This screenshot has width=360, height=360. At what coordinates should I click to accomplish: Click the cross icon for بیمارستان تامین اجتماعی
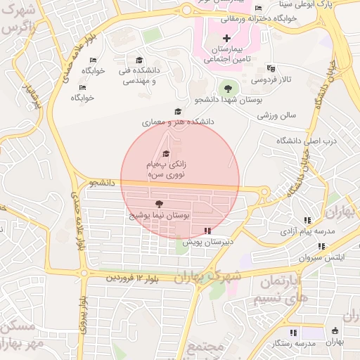point(226,37)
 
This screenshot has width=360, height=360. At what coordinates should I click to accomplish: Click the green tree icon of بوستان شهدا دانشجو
point(226,88)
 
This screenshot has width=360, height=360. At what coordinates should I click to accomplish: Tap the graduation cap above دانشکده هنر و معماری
point(178,111)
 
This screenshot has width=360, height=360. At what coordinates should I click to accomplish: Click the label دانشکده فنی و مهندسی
point(139,76)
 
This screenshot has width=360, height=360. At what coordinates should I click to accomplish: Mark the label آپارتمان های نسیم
point(281,290)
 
